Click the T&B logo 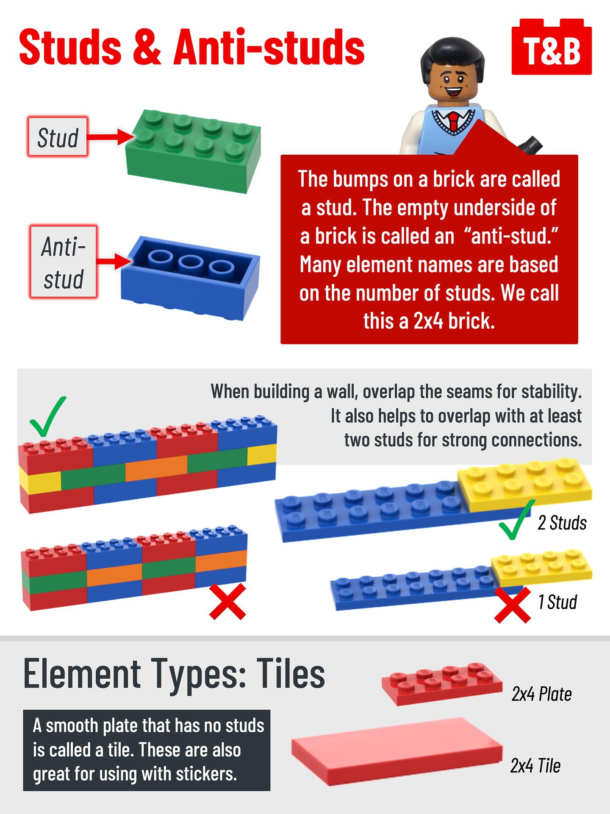coord(552,47)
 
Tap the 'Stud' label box coord(58,137)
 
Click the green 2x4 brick coord(194,151)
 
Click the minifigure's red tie coord(454,122)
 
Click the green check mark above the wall coord(47,416)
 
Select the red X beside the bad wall coord(228,601)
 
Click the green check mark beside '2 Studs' coord(516,520)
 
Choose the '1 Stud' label coord(557,602)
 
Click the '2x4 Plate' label coord(541,694)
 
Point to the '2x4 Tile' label coord(535,765)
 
